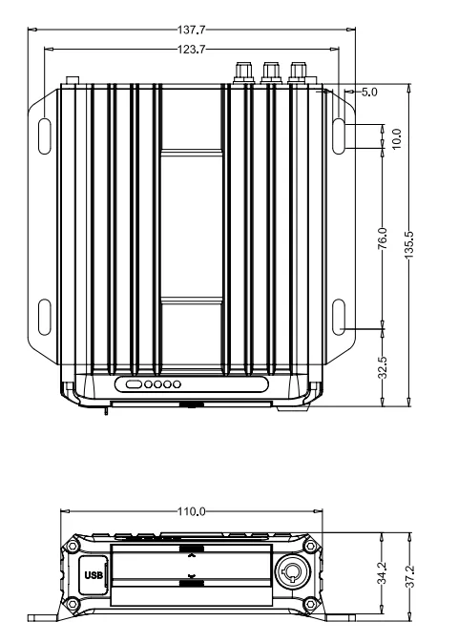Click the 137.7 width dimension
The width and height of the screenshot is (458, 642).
(x=192, y=30)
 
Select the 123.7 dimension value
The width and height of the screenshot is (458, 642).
(x=192, y=50)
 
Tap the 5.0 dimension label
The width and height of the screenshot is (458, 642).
(x=369, y=93)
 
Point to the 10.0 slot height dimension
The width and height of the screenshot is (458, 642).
(x=396, y=139)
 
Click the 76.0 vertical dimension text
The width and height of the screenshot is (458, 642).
(x=383, y=238)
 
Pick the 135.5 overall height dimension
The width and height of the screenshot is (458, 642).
(x=409, y=245)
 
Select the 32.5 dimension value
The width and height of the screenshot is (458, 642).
(x=383, y=367)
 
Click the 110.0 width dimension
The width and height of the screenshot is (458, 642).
(x=192, y=511)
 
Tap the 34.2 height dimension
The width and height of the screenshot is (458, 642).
(x=383, y=572)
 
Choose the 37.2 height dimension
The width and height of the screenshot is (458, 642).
(x=409, y=576)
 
